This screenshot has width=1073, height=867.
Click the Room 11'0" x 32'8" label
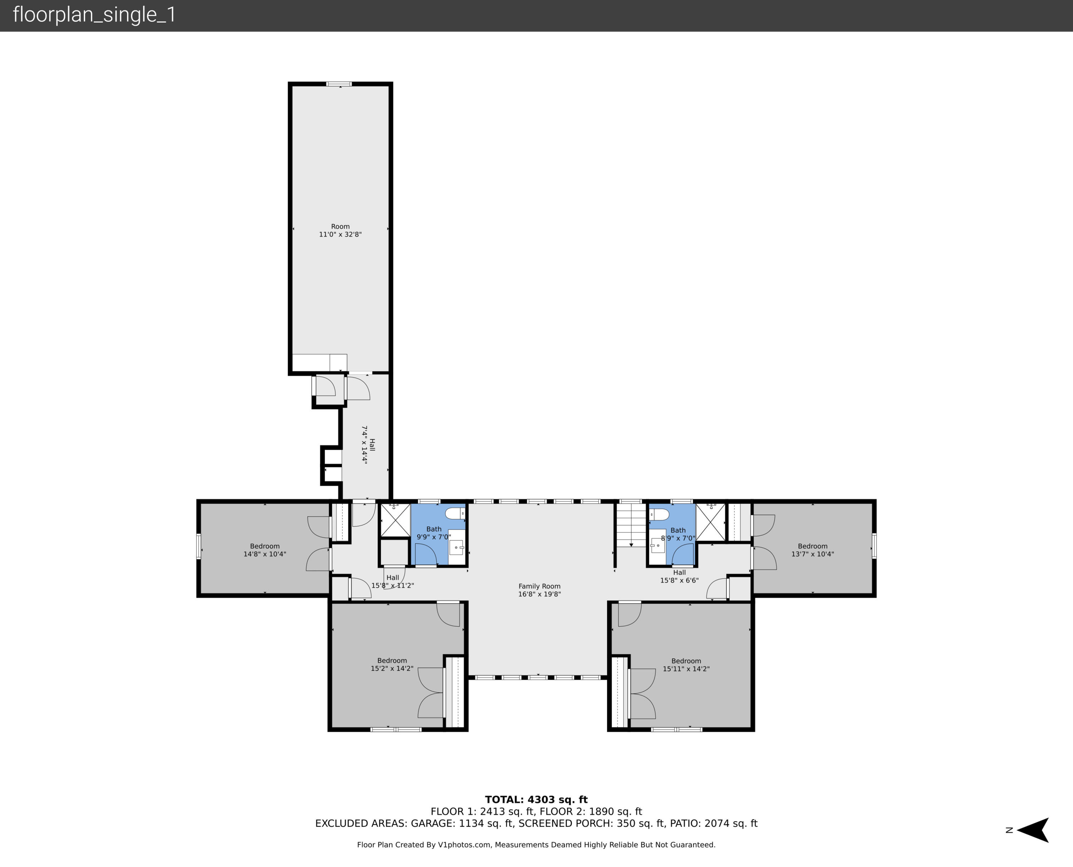(340, 230)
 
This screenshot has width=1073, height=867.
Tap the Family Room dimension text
(539, 594)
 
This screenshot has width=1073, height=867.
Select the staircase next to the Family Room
(631, 524)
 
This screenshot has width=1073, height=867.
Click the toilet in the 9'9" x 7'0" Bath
(455, 513)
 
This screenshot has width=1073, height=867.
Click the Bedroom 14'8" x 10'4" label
(265, 550)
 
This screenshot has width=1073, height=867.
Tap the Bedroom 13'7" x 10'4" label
(813, 550)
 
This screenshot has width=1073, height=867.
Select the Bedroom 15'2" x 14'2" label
(392, 664)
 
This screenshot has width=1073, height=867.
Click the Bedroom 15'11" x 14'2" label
(686, 665)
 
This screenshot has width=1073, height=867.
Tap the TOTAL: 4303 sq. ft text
(536, 799)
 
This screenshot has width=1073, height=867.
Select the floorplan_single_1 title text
(94, 15)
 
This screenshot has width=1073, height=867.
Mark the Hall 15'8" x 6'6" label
(679, 576)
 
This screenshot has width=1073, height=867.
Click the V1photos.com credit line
(536, 844)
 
